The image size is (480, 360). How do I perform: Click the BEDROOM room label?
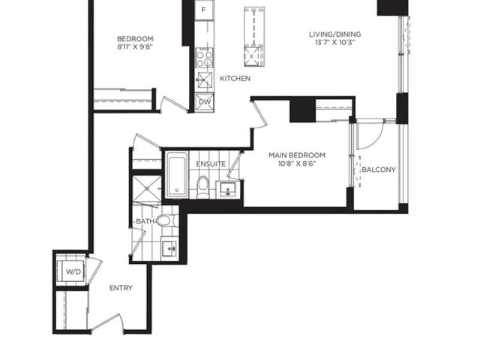[135, 39]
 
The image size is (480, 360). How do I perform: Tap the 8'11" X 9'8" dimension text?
[135, 46]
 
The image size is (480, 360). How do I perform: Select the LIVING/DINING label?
[335, 34]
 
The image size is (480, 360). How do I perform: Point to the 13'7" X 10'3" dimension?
[335, 42]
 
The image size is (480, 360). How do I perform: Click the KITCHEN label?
[235, 78]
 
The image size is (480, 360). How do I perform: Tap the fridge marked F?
[204, 10]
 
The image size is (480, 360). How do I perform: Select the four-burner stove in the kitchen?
[205, 58]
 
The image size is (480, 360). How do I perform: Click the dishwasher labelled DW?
[205, 102]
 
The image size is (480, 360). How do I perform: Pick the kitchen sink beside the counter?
[205, 80]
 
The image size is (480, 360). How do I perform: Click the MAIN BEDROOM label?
[297, 155]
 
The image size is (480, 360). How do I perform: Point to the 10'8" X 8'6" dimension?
[297, 163]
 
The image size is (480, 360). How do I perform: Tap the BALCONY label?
[379, 169]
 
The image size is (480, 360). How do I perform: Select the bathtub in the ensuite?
[177, 175]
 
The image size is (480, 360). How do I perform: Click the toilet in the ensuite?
[202, 186]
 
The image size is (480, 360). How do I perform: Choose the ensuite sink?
[227, 190]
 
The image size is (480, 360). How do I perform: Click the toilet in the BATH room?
[166, 220]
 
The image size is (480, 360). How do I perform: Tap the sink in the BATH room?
[169, 248]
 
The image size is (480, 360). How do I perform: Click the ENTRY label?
[121, 288]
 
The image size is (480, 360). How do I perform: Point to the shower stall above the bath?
[146, 188]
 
